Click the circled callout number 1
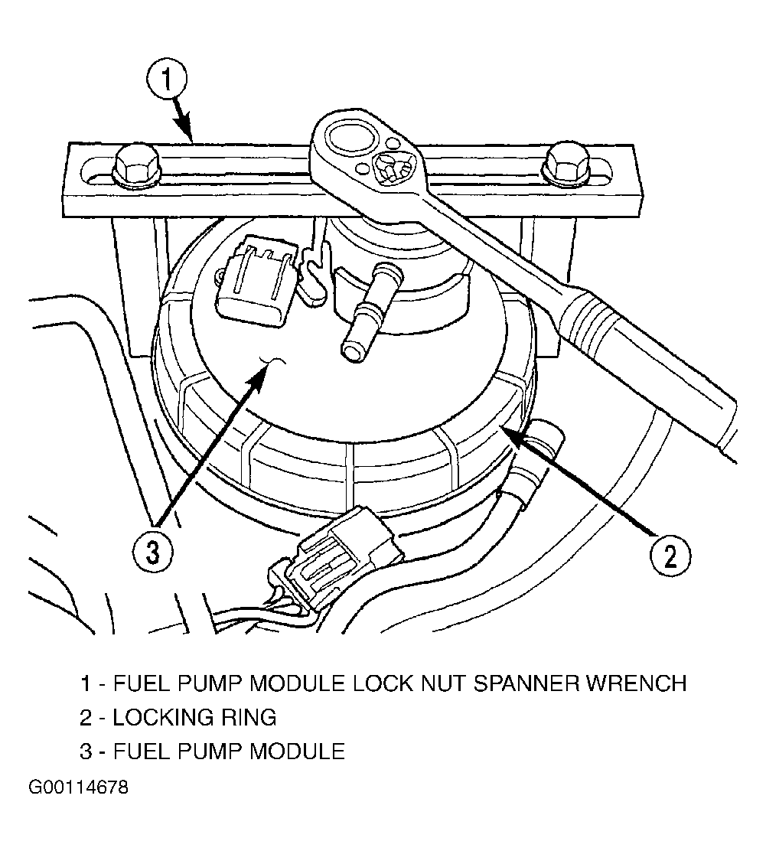(168, 80)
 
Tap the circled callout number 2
(668, 556)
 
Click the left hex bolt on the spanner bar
(136, 163)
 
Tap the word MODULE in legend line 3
(296, 751)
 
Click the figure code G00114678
(78, 787)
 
